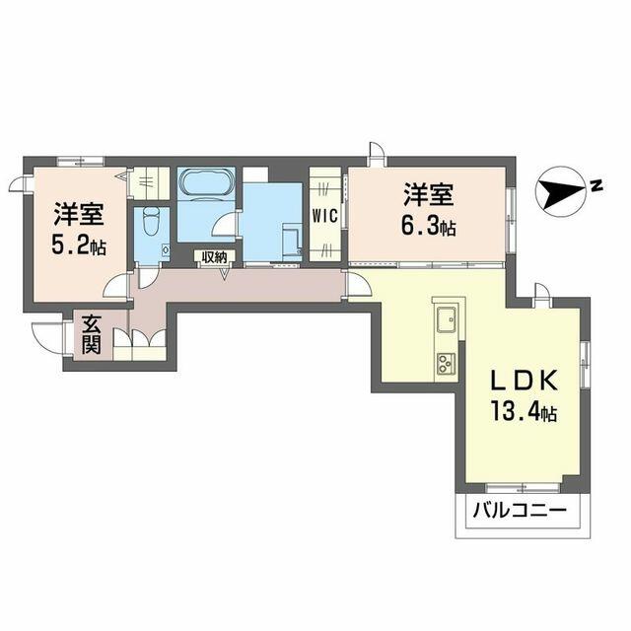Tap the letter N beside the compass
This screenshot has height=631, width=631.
click(596, 182)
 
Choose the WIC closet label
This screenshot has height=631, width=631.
click(325, 215)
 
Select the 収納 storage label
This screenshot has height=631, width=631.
click(214, 257)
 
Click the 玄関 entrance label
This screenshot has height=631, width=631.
click(90, 335)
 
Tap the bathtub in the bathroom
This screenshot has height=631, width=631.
click(205, 184)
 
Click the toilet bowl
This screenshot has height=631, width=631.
click(151, 222)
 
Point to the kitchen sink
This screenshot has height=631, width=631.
click(446, 318)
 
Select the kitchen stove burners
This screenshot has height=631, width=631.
click(446, 363)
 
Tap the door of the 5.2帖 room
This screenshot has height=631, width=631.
click(116, 286)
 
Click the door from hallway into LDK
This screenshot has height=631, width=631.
click(356, 286)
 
